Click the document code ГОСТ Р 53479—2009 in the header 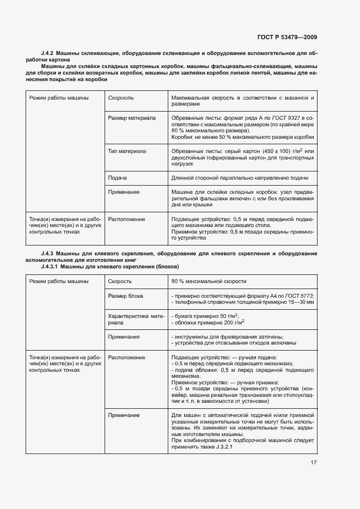[287, 37]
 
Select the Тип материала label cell [127, 151]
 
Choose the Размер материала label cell [132, 118]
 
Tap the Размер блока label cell [126, 296]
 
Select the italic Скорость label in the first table [121, 98]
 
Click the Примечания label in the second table [124, 337]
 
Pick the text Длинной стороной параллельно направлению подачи [240, 178]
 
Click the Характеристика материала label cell [131, 320]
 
